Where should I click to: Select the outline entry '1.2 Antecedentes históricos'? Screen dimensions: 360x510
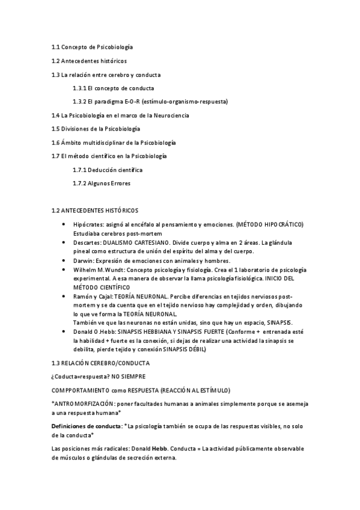(x=89, y=61)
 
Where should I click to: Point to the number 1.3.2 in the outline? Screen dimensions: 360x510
(x=80, y=102)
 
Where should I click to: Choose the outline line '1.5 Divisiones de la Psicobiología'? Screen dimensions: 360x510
(x=96, y=129)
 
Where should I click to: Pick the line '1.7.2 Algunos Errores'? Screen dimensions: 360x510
(x=101, y=183)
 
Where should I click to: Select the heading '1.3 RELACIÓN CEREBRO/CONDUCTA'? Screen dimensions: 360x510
(x=101, y=364)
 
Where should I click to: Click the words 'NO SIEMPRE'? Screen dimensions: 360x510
(x=129, y=378)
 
